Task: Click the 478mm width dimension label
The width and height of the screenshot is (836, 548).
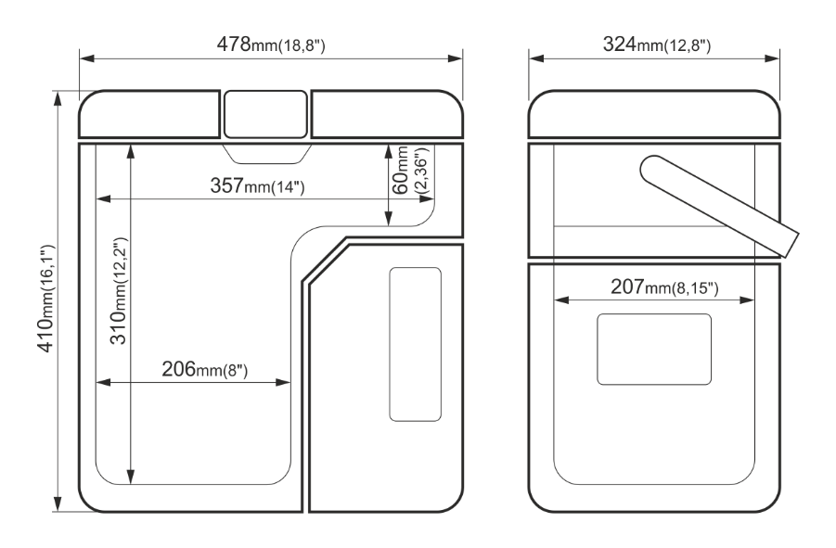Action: pyautogui.click(x=271, y=45)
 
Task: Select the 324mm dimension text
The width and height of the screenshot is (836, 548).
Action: pyautogui.click(x=657, y=45)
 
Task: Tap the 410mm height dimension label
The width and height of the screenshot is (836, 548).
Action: pyautogui.click(x=46, y=299)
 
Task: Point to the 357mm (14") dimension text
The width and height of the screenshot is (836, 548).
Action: pyautogui.click(x=258, y=185)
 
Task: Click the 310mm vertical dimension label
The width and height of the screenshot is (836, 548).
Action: pyautogui.click(x=119, y=291)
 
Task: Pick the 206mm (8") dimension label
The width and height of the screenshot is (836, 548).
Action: pyautogui.click(x=205, y=369)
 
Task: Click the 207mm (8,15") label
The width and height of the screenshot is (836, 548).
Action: pyautogui.click(x=665, y=287)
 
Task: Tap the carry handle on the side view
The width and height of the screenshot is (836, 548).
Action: pyautogui.click(x=720, y=206)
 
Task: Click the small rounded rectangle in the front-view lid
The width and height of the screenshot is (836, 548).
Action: pyautogui.click(x=265, y=114)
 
